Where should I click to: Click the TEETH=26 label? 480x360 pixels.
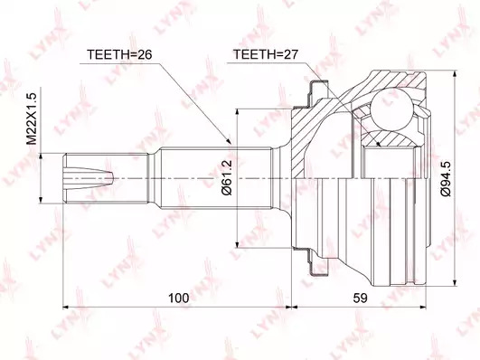point(119,54)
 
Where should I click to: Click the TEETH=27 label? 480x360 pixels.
point(265,54)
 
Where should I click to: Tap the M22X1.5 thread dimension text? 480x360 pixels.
point(32,118)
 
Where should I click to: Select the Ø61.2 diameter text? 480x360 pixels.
point(228,177)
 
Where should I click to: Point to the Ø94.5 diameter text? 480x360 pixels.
point(446,178)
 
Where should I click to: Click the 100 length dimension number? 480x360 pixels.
point(178,298)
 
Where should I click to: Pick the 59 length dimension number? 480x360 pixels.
point(360,298)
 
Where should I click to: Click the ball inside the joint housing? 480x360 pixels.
point(392,109)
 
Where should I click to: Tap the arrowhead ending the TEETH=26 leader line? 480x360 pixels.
point(229,140)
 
